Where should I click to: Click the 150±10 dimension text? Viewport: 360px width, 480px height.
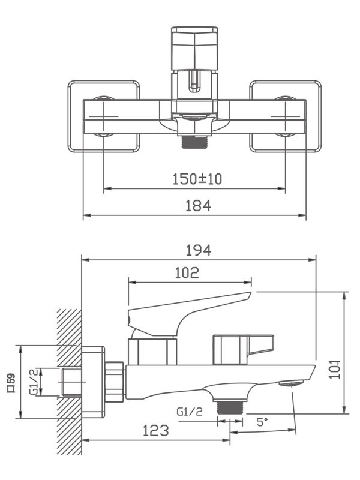pos(194,178)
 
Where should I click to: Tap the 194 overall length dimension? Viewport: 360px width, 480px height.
pos(199,250)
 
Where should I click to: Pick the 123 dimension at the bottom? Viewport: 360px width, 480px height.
pos(155,430)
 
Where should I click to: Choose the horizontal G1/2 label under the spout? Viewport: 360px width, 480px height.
pos(190,412)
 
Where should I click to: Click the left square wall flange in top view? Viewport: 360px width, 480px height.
pos(104,116)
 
